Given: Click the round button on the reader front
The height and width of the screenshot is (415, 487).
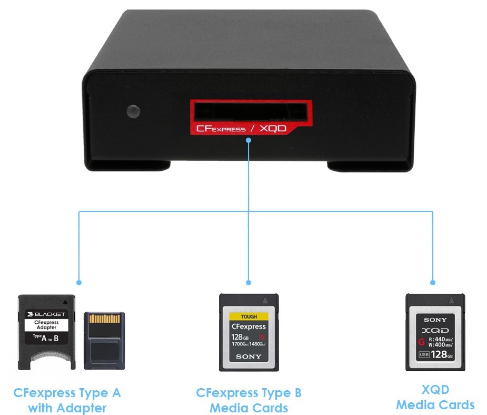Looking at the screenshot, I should [x=134, y=111].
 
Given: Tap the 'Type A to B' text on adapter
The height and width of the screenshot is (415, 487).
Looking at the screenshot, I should [x=46, y=337].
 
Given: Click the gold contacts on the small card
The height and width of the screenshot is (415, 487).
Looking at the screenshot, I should [x=104, y=320].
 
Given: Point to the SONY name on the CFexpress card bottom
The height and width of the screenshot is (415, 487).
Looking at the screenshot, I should [x=248, y=357].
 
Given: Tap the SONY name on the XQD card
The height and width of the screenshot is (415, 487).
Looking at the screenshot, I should [x=435, y=320].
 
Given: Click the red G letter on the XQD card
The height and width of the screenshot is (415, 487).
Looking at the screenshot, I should [x=421, y=342].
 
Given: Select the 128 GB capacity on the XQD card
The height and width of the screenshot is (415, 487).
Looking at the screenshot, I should [x=441, y=354].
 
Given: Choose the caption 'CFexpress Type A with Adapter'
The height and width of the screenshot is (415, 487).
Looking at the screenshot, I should [x=67, y=400].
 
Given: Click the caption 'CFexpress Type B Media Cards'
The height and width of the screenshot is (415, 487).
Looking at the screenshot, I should [x=249, y=400].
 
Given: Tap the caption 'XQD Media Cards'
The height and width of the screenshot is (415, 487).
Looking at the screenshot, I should [x=435, y=397].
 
